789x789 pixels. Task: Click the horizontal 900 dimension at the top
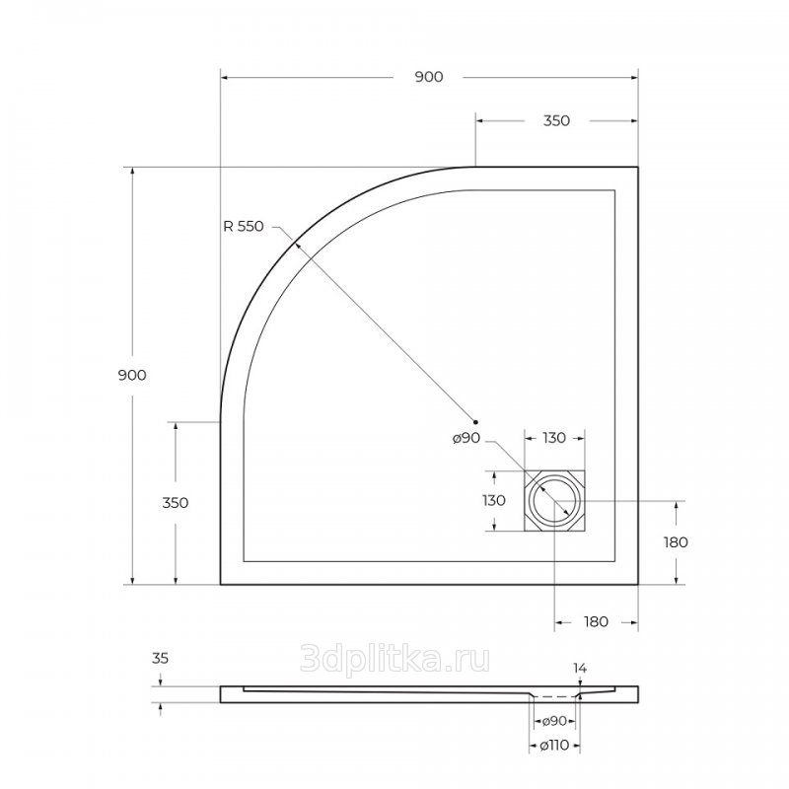(429, 77)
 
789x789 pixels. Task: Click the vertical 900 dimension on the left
(132, 375)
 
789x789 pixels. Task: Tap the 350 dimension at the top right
(556, 120)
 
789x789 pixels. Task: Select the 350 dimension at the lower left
(176, 503)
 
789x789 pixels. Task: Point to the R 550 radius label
(244, 227)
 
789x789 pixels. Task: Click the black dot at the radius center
(475, 422)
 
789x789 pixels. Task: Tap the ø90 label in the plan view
(466, 438)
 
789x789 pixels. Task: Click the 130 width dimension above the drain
(554, 438)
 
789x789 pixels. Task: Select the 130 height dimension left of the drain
(494, 501)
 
